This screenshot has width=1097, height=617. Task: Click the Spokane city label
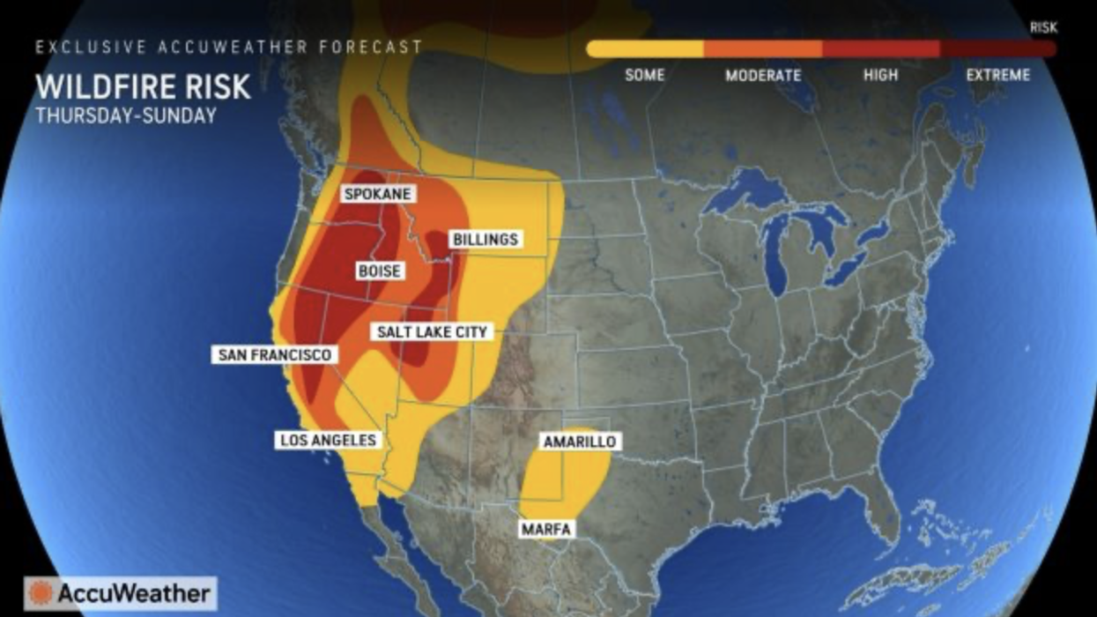(378, 194)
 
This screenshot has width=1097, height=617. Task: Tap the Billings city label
(485, 240)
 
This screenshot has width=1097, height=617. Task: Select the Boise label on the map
(380, 271)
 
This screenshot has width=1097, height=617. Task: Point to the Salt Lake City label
(432, 332)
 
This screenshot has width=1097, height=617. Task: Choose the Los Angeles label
(328, 440)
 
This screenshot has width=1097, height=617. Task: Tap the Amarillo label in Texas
(579, 442)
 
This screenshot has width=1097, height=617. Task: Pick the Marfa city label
(546, 529)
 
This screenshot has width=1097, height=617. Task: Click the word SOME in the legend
(644, 76)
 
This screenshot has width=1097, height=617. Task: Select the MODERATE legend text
(763, 76)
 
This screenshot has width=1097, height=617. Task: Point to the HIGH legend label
(880, 76)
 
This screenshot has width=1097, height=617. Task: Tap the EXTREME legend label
(997, 76)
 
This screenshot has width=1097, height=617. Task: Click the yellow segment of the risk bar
(645, 48)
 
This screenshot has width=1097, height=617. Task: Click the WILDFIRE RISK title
(143, 88)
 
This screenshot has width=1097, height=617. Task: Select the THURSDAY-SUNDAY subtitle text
(126, 116)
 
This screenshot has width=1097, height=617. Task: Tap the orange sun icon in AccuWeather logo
(39, 593)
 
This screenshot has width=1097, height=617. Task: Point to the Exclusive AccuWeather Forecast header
(228, 47)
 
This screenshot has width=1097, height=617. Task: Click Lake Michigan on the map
(776, 256)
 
